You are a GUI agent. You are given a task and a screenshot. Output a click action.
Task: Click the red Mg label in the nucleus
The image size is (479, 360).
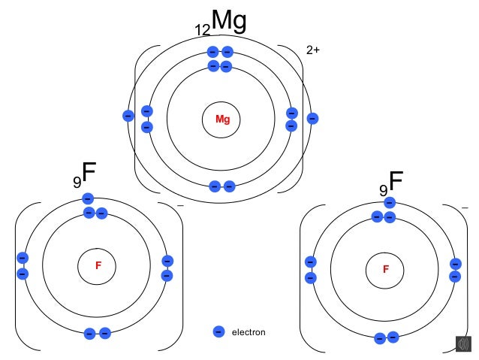[x=222, y=119]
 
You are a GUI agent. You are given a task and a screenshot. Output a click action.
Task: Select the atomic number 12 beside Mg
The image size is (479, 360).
[x=202, y=30]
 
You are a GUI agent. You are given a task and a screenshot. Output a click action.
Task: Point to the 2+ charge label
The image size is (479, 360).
[x=313, y=50]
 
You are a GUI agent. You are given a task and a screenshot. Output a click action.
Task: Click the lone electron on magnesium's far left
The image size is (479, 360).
[x=128, y=116]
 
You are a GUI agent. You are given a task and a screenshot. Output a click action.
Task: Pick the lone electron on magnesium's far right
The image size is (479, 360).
[x=312, y=118]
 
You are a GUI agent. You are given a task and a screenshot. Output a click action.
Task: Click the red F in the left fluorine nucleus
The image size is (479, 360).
[x=98, y=265]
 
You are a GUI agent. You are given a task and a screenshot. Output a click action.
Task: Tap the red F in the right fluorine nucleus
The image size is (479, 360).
[x=386, y=268]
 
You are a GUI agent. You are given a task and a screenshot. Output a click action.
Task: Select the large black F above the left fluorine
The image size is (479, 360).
[x=89, y=172]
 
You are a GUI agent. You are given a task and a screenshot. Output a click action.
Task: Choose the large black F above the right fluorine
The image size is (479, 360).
[x=396, y=180]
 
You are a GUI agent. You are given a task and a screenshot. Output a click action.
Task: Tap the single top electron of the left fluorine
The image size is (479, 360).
[x=88, y=198]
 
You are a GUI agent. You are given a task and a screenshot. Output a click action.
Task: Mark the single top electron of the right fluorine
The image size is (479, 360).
[x=389, y=203]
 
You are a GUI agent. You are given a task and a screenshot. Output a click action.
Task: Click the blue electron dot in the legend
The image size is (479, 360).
[x=218, y=331]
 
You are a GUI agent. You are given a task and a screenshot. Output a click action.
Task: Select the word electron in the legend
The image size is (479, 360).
[x=249, y=332]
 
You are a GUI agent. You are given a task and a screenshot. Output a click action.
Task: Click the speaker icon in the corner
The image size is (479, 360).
[x=463, y=343]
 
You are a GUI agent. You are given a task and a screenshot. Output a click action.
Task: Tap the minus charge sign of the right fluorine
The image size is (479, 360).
[x=465, y=207]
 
